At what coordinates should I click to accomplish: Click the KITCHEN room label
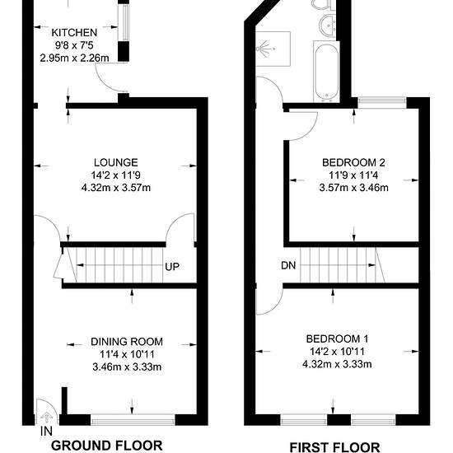tap(74, 33)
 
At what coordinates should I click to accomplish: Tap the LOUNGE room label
tap(116, 162)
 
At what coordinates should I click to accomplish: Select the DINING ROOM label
tap(127, 342)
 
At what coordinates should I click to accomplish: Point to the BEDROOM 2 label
tap(353, 162)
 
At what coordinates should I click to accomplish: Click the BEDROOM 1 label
tap(337, 339)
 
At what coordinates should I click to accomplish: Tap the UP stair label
tap(172, 267)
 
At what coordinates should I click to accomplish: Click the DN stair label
tap(288, 265)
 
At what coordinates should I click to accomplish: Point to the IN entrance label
tap(46, 432)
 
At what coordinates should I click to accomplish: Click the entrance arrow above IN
tap(46, 417)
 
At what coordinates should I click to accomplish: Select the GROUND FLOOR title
tap(107, 446)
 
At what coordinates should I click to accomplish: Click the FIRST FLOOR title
tap(334, 447)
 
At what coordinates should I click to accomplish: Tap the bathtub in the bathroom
tap(326, 72)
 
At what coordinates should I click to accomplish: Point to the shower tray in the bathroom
tap(273, 49)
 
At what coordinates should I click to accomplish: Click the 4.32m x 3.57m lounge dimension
tap(116, 188)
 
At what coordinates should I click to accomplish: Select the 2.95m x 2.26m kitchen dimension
tap(74, 58)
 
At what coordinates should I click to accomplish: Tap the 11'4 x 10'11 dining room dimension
tap(127, 354)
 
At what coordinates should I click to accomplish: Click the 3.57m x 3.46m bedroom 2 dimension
tap(353, 188)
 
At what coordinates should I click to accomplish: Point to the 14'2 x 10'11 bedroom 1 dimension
tap(337, 352)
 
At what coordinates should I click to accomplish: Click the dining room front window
tap(133, 420)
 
